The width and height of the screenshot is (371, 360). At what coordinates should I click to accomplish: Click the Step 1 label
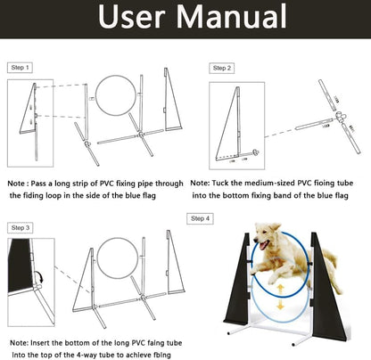pos(21,68)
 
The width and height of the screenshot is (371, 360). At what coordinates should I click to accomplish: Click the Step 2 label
pos(222,68)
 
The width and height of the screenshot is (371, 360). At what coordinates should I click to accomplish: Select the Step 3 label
pos(21,228)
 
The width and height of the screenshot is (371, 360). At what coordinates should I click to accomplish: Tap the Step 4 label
pos(201,218)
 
